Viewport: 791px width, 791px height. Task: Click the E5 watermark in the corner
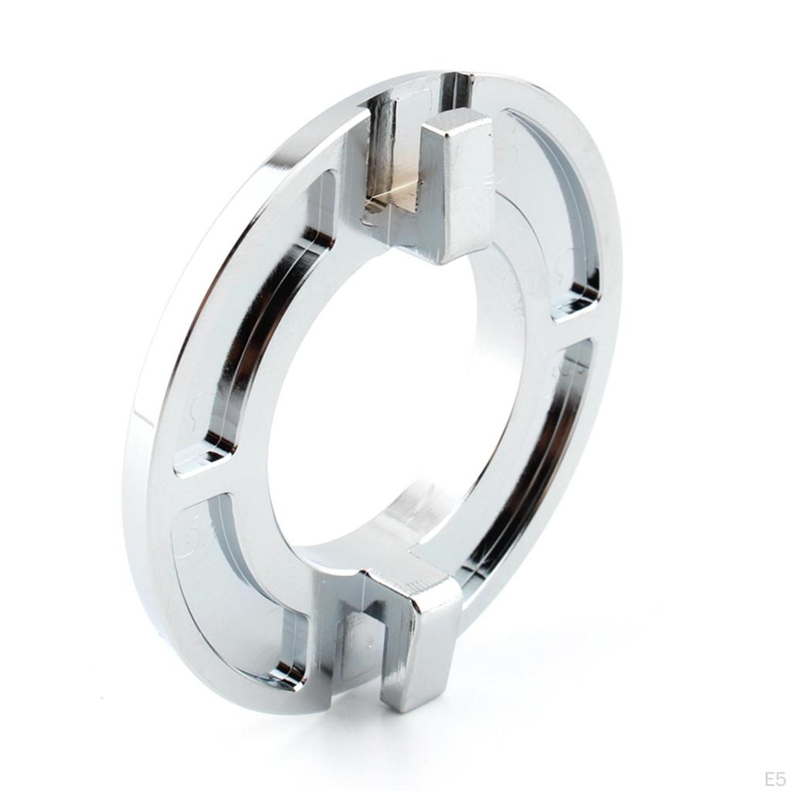pos(773,777)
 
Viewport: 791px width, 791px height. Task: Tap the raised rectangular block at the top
pos(457,187)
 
